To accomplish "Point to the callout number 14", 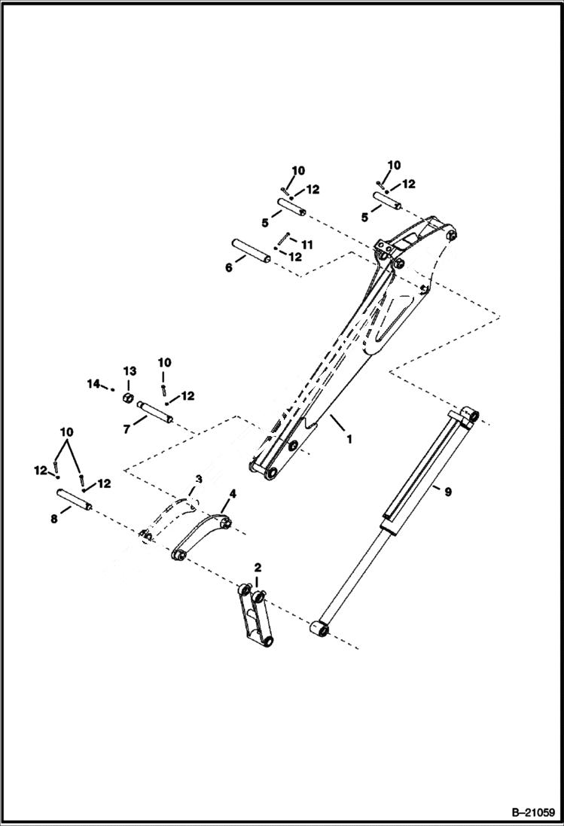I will (93, 384).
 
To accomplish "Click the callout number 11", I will (306, 245).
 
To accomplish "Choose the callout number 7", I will (127, 428).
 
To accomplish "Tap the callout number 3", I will (198, 480).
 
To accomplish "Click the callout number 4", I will (233, 494).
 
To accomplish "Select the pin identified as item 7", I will (156, 413).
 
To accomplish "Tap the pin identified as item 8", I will (74, 501).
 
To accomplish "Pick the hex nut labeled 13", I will (129, 397).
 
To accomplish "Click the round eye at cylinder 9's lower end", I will (318, 626).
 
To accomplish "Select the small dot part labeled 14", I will (111, 390).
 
